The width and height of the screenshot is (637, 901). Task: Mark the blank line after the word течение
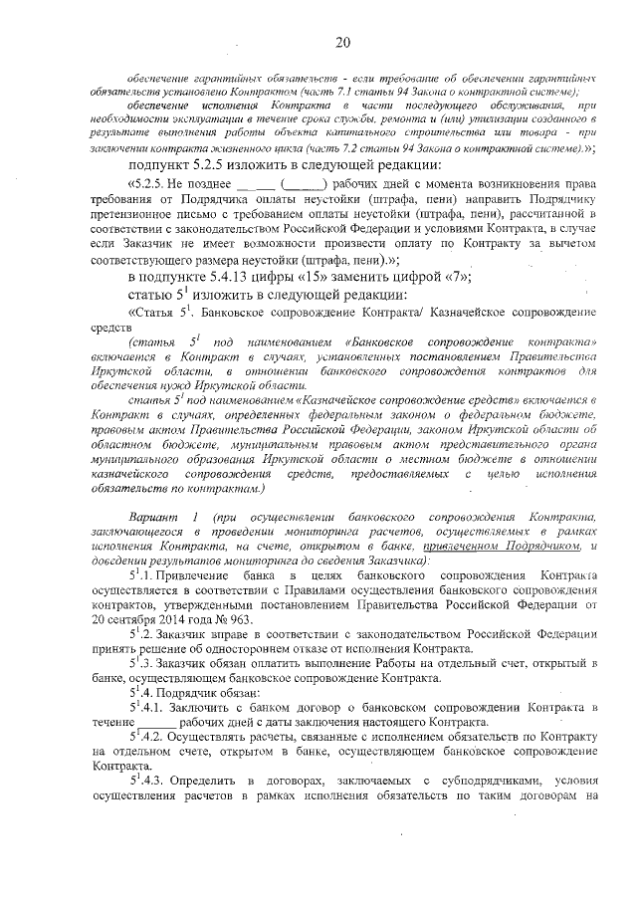click(x=160, y=720)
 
